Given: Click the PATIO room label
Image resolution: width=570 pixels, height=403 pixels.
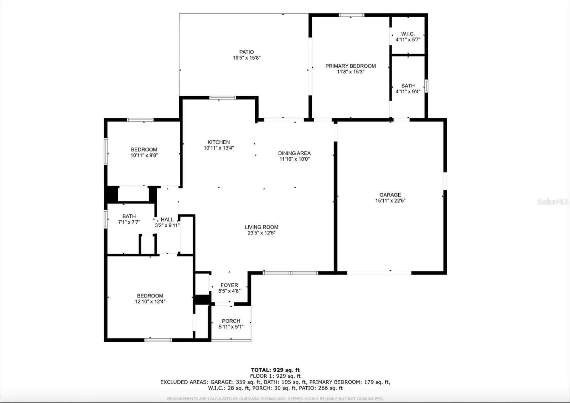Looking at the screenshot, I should tap(247, 52).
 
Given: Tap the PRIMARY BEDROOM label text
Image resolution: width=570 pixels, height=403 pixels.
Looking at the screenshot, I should tap(351, 66).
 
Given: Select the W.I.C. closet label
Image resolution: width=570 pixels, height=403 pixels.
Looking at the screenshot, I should tap(408, 34).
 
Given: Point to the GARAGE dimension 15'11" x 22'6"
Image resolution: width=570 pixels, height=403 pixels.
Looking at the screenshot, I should tap(390, 200).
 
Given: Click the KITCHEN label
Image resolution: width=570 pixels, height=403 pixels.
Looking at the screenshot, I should tap(219, 142).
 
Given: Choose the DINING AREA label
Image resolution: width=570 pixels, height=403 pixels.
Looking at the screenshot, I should tap(294, 153).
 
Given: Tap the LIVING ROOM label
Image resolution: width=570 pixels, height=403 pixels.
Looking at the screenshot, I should tap(261, 227).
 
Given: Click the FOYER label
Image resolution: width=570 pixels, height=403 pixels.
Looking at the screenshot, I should tap(229, 285).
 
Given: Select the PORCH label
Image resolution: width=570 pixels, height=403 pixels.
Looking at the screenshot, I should tap(231, 321).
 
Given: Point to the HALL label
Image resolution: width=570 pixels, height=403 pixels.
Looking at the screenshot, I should tap(167, 220).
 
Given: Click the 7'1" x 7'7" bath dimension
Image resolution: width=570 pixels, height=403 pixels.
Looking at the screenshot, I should tap(129, 222).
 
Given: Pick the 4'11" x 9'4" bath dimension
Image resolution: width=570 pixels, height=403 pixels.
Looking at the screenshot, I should tap(408, 91).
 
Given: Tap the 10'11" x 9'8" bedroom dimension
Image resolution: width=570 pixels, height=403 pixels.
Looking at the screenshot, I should tap(144, 155).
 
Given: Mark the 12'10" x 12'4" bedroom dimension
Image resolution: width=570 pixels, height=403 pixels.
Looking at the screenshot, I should tap(150, 301).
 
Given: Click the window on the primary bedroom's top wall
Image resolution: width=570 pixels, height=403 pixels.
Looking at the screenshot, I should tap(351, 15).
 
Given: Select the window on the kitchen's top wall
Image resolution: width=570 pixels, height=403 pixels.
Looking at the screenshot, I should tap(222, 98).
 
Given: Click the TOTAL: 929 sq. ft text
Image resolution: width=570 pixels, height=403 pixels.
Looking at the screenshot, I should tap(275, 370).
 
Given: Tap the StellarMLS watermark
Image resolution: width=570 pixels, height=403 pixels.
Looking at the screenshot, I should tap(553, 202).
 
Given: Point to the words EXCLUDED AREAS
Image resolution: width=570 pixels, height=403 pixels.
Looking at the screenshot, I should tap(184, 382).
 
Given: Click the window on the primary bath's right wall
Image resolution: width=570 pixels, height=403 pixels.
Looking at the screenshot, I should tap(426, 86).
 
